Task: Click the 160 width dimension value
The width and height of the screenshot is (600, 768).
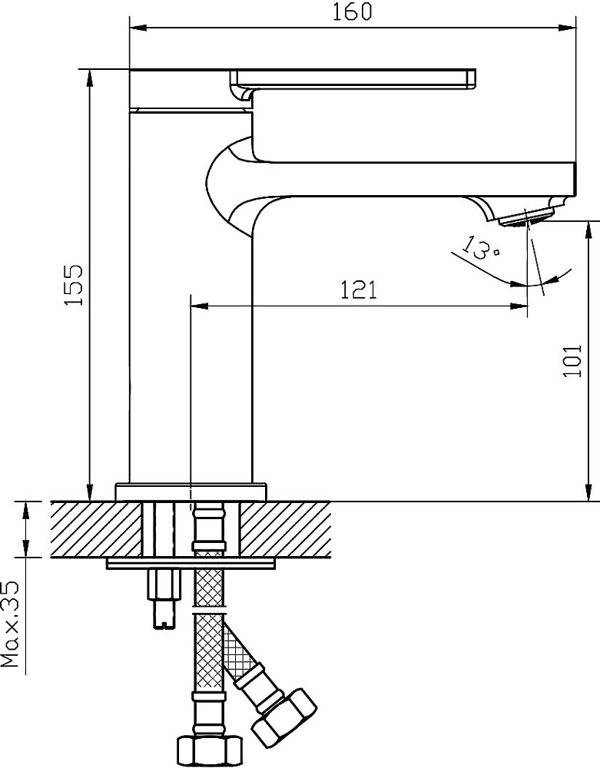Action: point(352,12)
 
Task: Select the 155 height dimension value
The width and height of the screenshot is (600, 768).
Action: point(75,286)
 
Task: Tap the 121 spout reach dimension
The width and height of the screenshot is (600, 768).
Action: point(359,290)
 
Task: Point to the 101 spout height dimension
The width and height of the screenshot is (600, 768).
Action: point(572,360)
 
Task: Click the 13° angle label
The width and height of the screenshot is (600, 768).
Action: point(482,247)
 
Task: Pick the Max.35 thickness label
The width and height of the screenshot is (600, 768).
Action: point(10,624)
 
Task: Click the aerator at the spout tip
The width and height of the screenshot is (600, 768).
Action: point(526,217)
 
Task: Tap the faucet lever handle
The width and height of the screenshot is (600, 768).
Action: point(353,81)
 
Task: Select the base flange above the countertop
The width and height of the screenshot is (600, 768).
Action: point(192,492)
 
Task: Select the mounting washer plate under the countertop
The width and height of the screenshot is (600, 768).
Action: point(192,564)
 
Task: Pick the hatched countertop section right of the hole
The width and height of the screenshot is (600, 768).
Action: point(285,529)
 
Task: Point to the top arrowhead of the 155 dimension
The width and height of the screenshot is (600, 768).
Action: point(90,78)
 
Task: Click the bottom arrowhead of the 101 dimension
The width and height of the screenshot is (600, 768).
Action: point(588,492)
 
